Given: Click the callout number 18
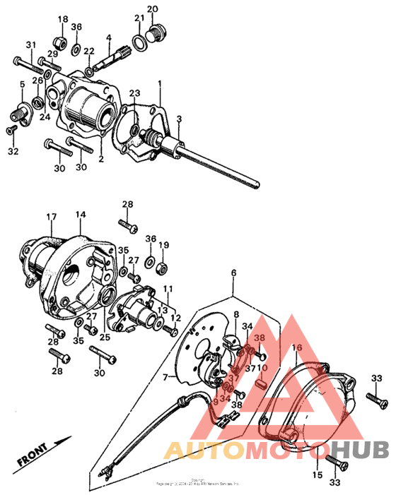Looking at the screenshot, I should [62, 19].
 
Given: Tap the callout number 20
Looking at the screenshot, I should [152, 9].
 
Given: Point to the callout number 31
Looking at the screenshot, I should [30, 46].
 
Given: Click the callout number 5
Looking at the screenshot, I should [22, 85].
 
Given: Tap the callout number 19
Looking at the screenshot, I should [163, 245].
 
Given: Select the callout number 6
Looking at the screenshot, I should [234, 273].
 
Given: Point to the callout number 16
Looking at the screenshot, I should [297, 348].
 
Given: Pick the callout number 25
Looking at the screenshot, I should [105, 337].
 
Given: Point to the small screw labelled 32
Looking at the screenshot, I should [11, 131].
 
